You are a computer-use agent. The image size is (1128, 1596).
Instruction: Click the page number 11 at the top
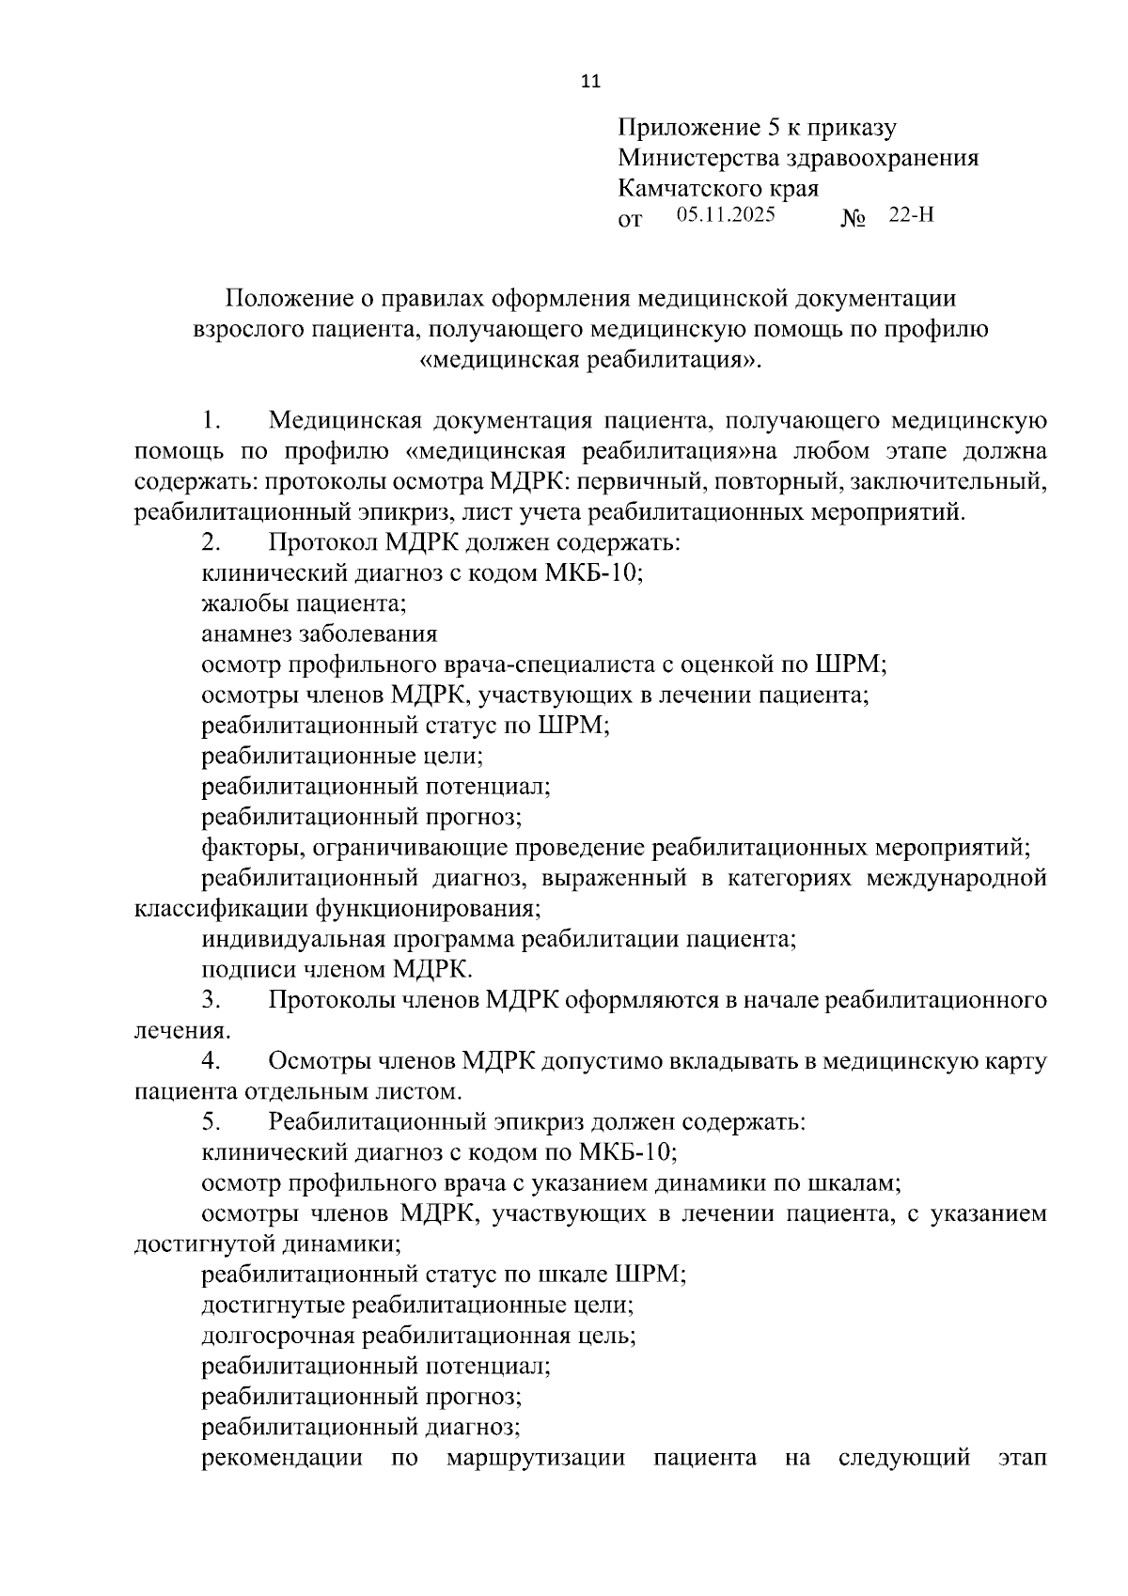(590, 81)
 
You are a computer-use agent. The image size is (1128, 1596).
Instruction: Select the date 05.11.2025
(726, 214)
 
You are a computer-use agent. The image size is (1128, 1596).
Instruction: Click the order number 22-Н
(911, 214)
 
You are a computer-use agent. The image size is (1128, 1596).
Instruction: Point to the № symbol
(853, 220)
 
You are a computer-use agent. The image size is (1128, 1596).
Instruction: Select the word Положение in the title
(285, 298)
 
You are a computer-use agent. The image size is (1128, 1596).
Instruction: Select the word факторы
(247, 848)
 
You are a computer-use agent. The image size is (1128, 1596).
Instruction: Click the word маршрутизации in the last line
(536, 1458)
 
